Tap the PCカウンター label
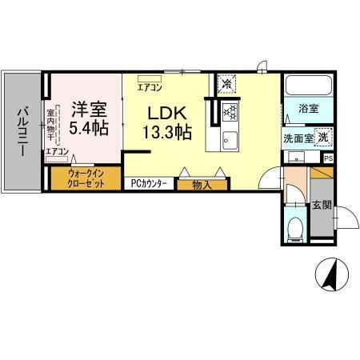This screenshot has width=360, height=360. [x=149, y=183]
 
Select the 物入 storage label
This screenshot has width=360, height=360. [x=201, y=183]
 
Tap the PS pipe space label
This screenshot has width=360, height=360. [x=329, y=158]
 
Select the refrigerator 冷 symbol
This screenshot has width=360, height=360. [x=228, y=83]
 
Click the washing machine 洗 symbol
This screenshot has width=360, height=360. [x=322, y=137]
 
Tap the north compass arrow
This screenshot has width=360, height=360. [x=328, y=276]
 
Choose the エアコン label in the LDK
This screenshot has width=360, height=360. [x=149, y=87]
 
